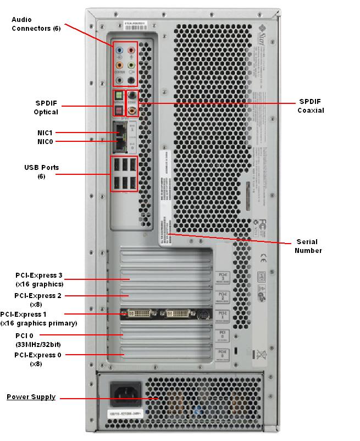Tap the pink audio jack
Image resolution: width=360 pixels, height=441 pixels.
pos(131,49)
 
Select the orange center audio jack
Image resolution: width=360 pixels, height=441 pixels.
pos(119,65)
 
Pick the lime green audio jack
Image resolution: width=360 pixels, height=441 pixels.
pos(131,65)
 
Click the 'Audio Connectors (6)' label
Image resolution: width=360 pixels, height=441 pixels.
pos(36,24)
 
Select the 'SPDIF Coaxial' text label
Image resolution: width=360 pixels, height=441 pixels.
pos(311,106)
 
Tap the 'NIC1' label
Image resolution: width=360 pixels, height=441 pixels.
pos(45,133)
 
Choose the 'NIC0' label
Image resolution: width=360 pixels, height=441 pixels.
pos(45,141)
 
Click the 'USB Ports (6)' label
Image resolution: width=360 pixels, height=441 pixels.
pos(41,171)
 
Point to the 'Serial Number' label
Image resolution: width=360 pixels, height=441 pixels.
pos(308,246)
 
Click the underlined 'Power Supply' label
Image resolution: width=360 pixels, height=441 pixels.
pos(31,397)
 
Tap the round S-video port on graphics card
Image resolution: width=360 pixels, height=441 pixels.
pos(202,315)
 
